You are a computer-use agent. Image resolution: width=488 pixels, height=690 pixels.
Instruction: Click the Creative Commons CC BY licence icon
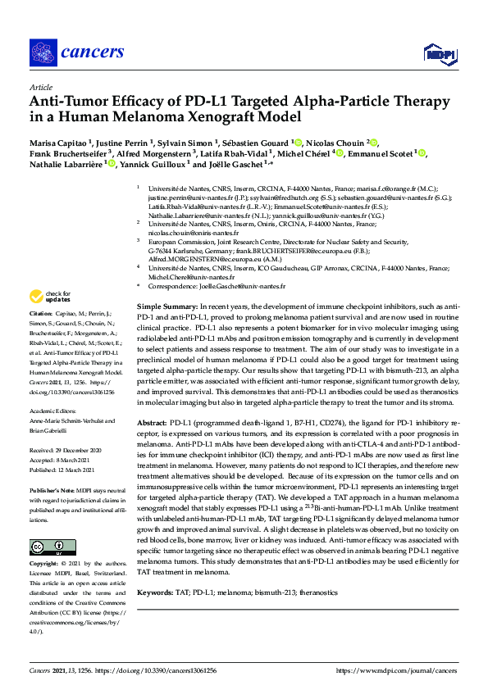coord(47,547)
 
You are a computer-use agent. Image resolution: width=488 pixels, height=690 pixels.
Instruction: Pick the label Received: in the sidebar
coord(43,451)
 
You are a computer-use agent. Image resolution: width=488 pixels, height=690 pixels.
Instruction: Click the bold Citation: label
coord(41,314)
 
